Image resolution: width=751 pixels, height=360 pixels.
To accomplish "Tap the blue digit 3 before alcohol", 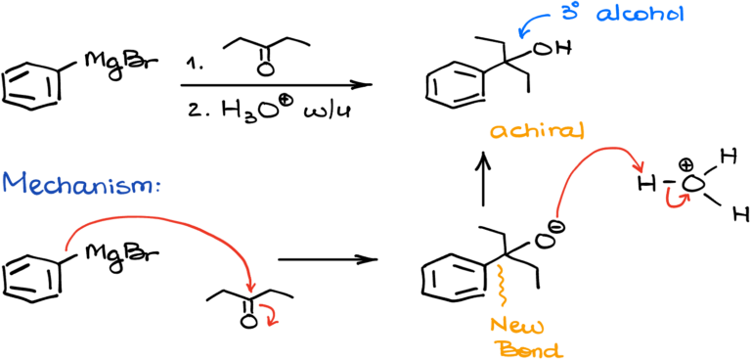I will click(x=568, y=14).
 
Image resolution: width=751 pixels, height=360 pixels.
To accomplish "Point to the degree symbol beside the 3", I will click(x=576, y=5).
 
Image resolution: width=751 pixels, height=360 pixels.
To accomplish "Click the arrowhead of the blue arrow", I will click(x=521, y=35).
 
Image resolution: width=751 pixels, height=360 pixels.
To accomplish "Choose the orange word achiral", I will click(x=537, y=130).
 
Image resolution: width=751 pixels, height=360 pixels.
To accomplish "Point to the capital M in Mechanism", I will click(x=14, y=183).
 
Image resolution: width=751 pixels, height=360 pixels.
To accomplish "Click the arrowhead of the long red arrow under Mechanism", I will click(x=250, y=287).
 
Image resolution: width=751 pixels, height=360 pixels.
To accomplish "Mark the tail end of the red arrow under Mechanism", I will click(x=66, y=249).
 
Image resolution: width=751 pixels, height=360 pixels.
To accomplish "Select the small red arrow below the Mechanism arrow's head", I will click(x=270, y=315).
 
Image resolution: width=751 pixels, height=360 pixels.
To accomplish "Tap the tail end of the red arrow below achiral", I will click(x=557, y=215).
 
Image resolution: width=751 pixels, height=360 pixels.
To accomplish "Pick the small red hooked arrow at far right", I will click(x=677, y=199).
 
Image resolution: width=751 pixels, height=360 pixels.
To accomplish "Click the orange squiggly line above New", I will click(x=502, y=285).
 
